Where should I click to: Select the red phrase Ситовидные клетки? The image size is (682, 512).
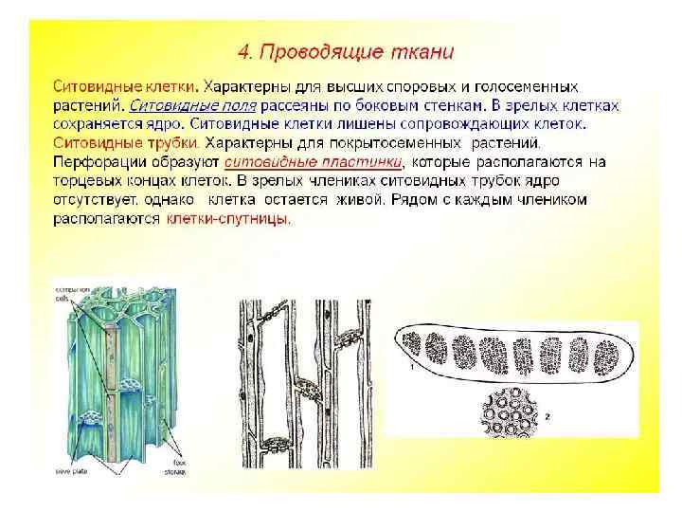105,85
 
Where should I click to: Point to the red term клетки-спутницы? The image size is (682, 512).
228,219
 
